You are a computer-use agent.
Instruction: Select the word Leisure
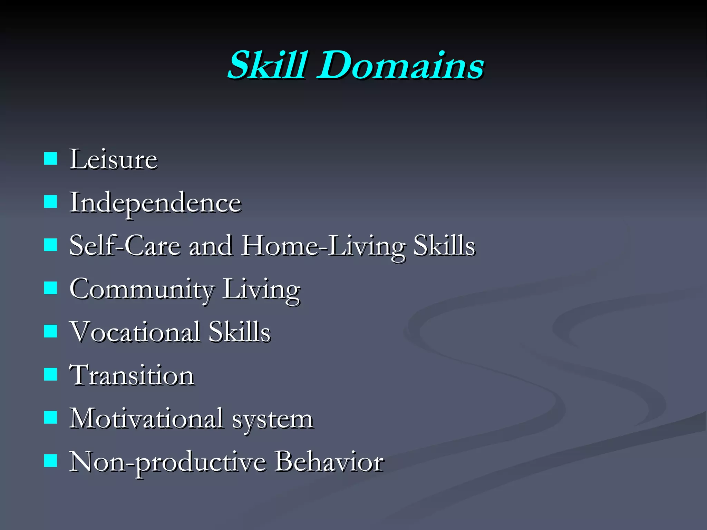pyautogui.click(x=113, y=159)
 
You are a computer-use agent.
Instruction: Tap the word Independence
pyautogui.click(x=155, y=203)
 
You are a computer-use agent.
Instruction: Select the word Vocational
pyautogui.click(x=135, y=332)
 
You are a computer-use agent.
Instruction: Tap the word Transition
pyautogui.click(x=132, y=375)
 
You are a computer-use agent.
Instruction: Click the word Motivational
pyautogui.click(x=146, y=419)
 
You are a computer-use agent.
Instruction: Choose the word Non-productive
pyautogui.click(x=167, y=462)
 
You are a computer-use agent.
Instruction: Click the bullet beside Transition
pyautogui.click(x=50, y=374)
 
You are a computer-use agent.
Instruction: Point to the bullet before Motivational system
pyautogui.click(x=50, y=417)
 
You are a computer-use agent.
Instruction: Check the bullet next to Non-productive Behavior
pyautogui.click(x=50, y=460)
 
